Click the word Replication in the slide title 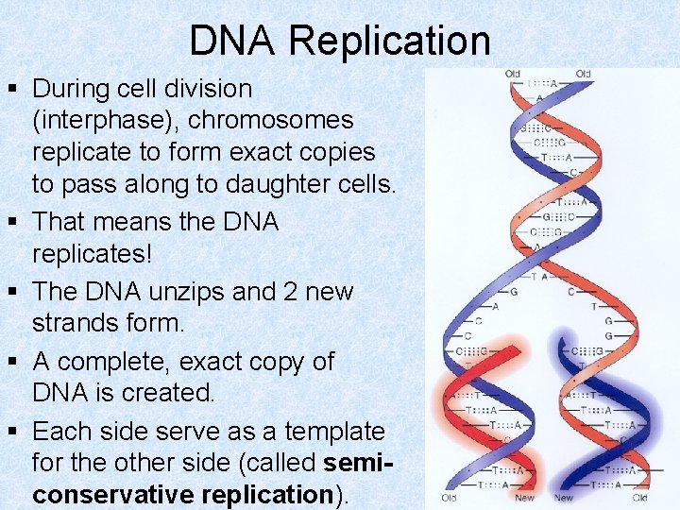[390, 41]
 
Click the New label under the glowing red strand [524, 498]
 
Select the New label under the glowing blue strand [564, 498]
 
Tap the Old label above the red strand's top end [512, 74]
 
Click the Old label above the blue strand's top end [583, 74]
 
